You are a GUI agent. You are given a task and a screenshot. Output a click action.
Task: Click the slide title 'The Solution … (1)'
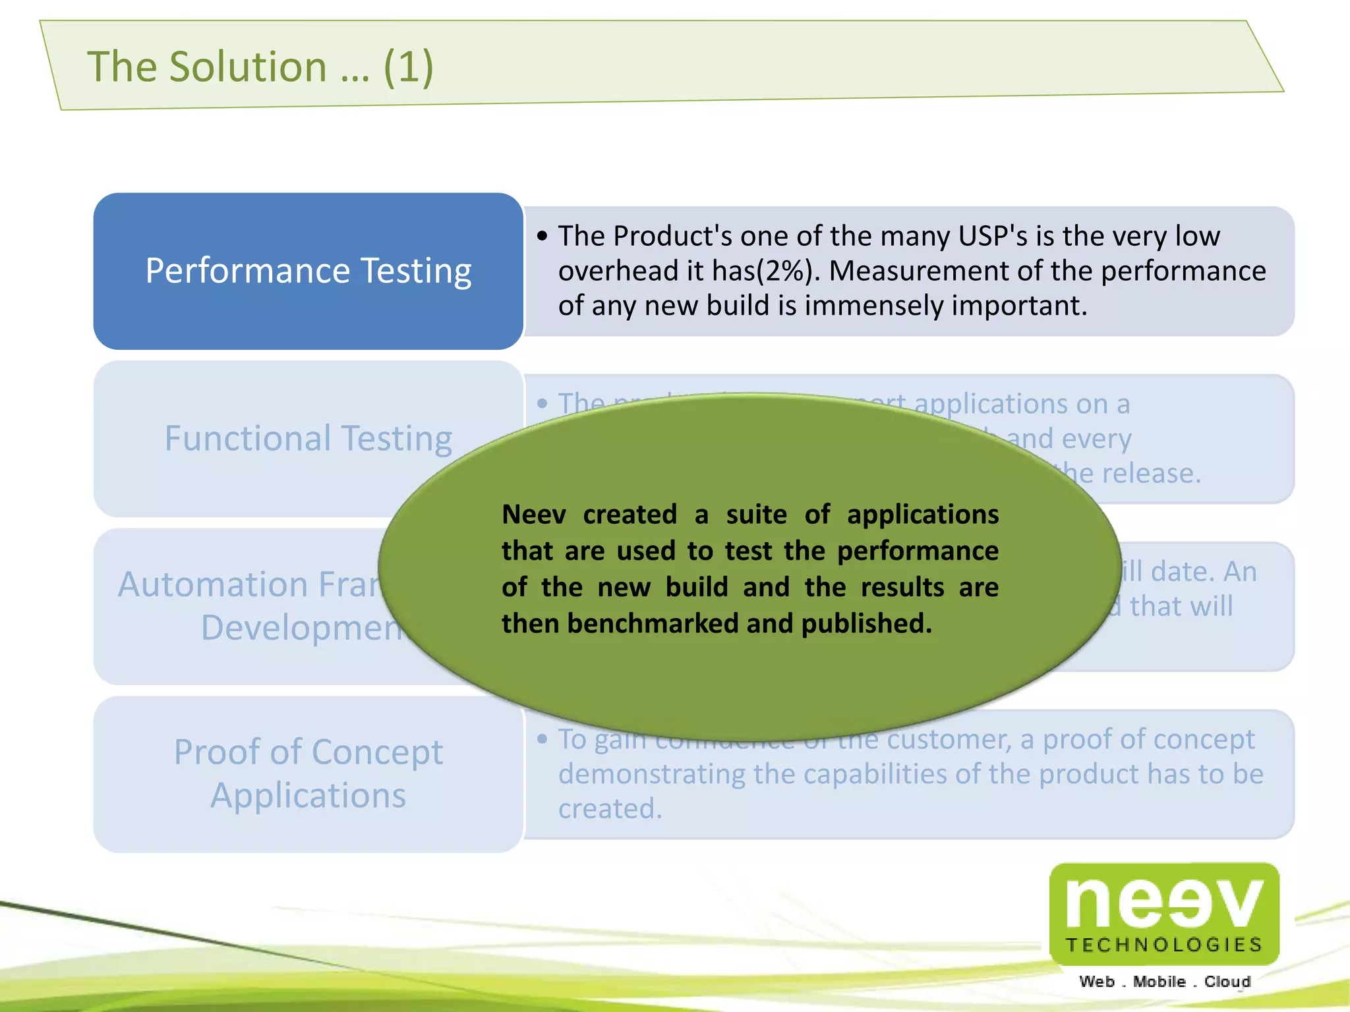coord(260,67)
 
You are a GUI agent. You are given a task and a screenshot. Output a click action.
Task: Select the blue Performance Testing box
coord(308,271)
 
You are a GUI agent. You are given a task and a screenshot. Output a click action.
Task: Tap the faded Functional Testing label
coord(308,438)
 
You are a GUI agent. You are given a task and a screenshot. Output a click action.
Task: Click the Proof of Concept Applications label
coord(308,773)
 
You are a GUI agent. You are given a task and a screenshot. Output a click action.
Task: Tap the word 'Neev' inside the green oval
coord(533,515)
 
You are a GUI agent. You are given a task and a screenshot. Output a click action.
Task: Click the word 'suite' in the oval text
coord(756,515)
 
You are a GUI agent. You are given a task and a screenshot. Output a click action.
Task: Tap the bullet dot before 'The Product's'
coord(543,236)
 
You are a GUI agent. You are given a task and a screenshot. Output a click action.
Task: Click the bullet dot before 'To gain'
coord(543,739)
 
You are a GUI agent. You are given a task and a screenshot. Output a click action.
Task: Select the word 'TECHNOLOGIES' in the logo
coord(1164,945)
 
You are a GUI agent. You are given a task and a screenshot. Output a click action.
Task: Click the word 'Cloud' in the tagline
coord(1227,982)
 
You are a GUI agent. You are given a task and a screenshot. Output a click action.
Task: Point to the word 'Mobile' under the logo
coord(1159,982)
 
